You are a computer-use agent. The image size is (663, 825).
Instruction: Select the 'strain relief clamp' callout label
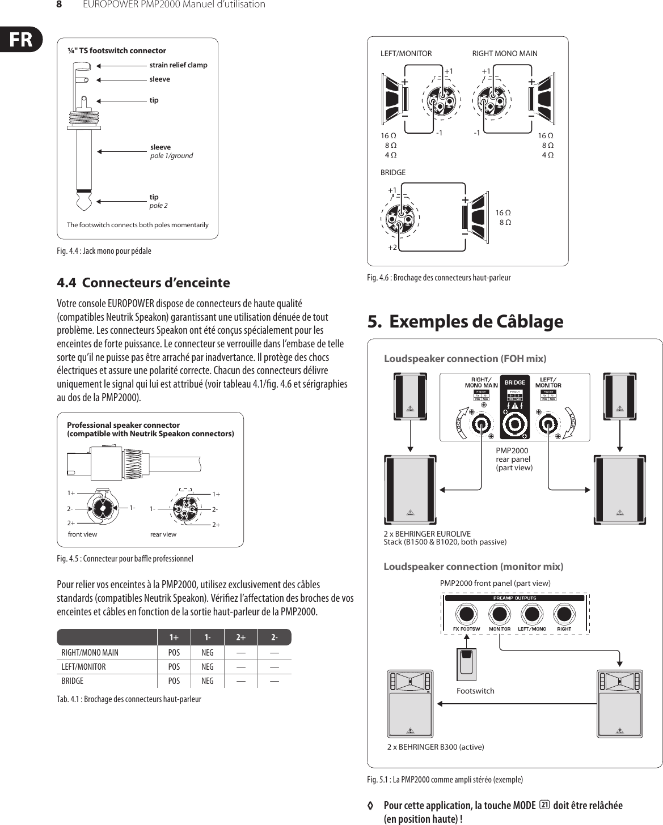pos(178,65)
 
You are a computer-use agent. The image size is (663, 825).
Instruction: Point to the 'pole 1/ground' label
pos(171,155)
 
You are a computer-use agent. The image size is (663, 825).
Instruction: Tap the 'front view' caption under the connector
pos(82,534)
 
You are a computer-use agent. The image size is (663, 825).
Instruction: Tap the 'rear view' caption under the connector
pos(163,534)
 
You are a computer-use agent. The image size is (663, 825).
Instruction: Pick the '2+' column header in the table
pos(241,637)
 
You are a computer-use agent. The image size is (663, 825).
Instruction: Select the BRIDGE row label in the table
pos(73,681)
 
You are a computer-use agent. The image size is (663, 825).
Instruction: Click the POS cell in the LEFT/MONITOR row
pos(174,667)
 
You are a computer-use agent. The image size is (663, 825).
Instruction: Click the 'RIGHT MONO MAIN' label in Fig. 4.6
pos(505,54)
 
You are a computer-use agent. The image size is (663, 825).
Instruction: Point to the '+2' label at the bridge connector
pos(392,248)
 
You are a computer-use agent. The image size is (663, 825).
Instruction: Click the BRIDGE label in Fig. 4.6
pos(392,172)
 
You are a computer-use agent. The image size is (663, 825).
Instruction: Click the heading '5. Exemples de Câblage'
pos(465,322)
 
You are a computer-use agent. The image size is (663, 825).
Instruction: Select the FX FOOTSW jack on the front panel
pos(466,614)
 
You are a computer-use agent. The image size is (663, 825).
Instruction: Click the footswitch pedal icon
pos(466,664)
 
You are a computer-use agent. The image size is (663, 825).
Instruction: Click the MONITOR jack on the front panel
pos(499,614)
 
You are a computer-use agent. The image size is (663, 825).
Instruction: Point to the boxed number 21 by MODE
pos(544,805)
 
